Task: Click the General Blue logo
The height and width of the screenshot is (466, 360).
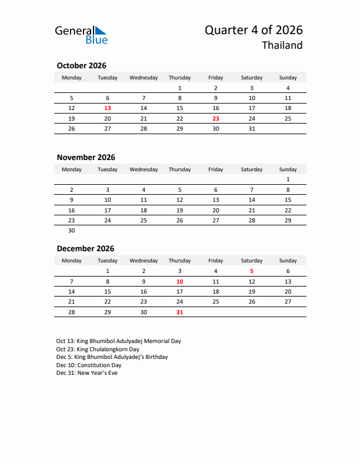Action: pyautogui.click(x=81, y=35)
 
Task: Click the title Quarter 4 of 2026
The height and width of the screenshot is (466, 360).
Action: pyautogui.click(x=254, y=31)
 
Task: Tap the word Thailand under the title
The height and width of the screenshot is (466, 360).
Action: pyautogui.click(x=282, y=45)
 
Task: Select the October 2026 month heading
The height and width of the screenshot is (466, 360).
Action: pyautogui.click(x=81, y=66)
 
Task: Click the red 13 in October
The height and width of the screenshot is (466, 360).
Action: pyautogui.click(x=108, y=108)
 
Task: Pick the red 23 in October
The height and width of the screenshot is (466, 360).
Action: pyautogui.click(x=216, y=118)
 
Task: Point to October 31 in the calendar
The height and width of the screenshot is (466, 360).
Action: pyautogui.click(x=252, y=129)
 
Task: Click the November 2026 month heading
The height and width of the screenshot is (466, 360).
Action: pyautogui.click(x=86, y=157)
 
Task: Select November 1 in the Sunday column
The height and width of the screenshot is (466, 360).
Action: pyautogui.click(x=288, y=179)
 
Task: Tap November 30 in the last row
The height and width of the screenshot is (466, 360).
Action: pyautogui.click(x=72, y=231)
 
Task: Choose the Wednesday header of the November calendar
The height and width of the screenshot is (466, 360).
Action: pyautogui.click(x=144, y=169)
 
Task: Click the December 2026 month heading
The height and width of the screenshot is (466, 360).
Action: pyautogui.click(x=85, y=249)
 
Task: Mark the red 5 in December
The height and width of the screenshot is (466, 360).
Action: pyautogui.click(x=252, y=271)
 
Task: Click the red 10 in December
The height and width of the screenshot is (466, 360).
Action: pyautogui.click(x=179, y=282)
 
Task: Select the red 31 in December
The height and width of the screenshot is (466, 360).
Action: pyautogui.click(x=179, y=312)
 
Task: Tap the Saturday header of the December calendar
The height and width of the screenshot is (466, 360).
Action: pyautogui.click(x=252, y=261)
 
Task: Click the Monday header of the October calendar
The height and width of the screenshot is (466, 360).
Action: pyautogui.click(x=72, y=78)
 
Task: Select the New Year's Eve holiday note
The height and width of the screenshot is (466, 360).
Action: pyautogui.click(x=87, y=373)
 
